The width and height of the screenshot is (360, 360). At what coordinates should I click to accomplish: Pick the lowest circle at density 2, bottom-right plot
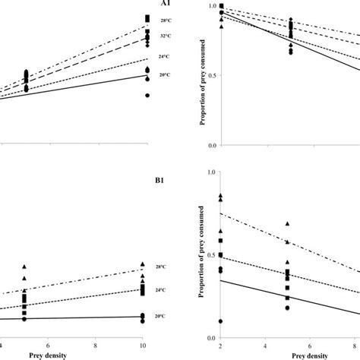(x=220, y=321)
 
